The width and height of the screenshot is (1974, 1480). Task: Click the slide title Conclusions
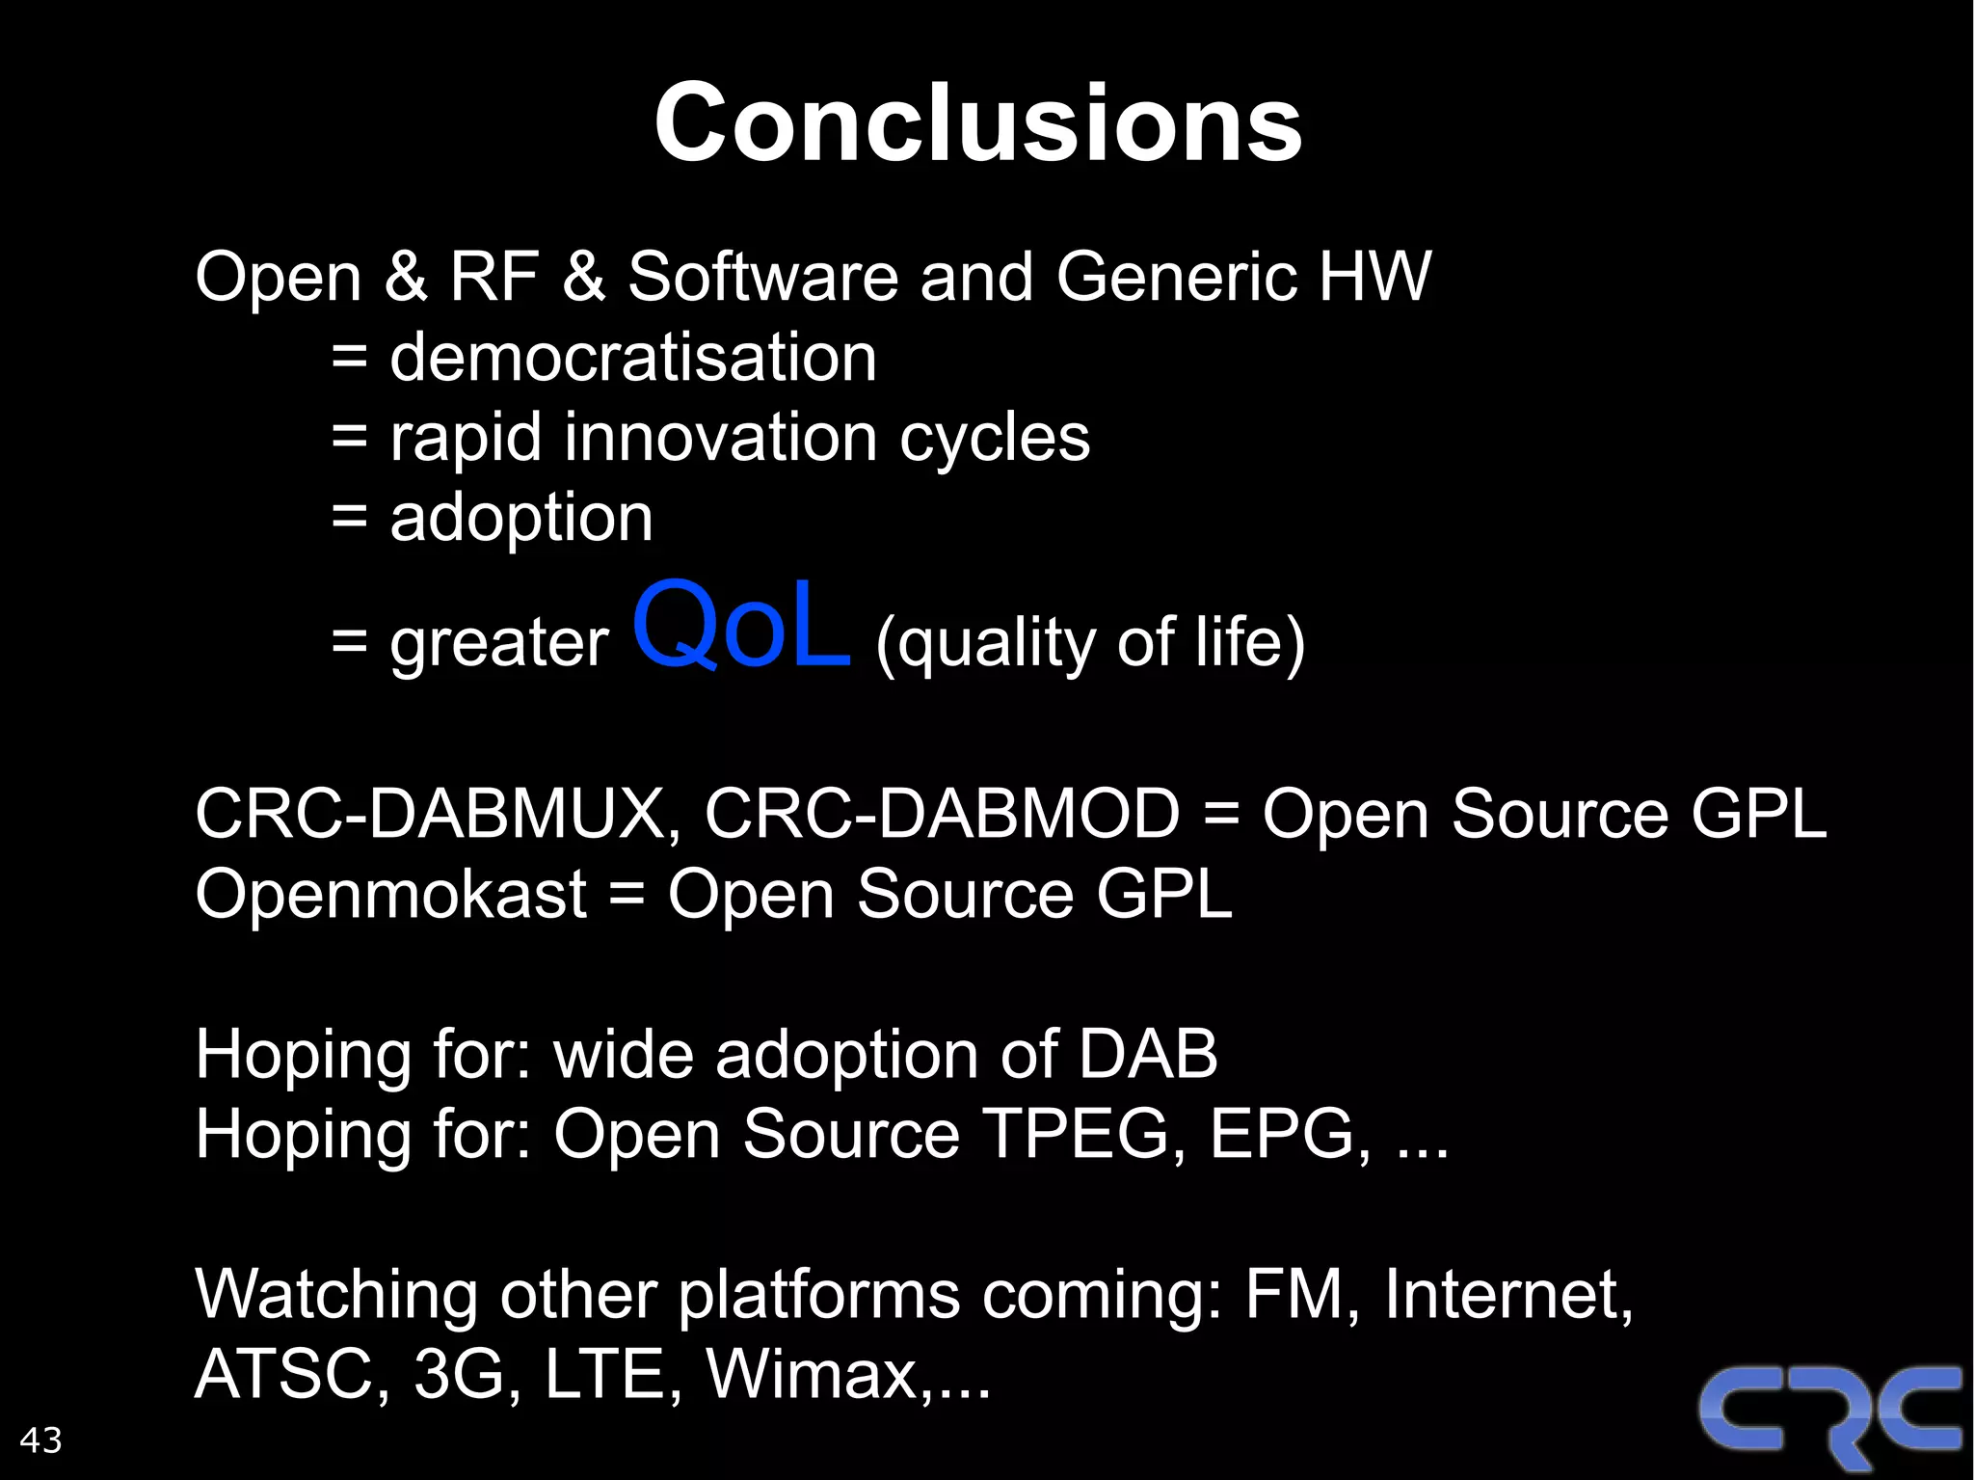(977, 123)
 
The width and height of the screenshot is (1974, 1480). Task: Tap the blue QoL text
(741, 627)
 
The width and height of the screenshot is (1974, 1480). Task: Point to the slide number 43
(40, 1440)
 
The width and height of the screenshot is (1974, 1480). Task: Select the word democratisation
(633, 358)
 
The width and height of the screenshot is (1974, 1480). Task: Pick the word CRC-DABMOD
(942, 814)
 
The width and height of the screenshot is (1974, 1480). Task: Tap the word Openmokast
(390, 894)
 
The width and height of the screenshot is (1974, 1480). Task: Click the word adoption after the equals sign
(520, 518)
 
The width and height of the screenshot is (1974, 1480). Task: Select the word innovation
(720, 438)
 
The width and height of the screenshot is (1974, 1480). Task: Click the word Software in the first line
(763, 277)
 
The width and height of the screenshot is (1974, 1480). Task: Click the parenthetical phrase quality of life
(1090, 642)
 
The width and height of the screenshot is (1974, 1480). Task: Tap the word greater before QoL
(498, 644)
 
